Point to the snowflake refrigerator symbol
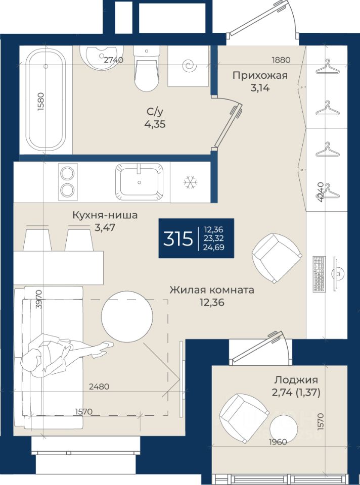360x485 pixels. [191, 182]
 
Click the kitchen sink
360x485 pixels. [139, 182]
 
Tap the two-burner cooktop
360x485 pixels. [68, 182]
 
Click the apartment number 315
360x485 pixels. [178, 238]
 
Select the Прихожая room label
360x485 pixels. [260, 75]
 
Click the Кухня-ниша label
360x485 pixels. [105, 215]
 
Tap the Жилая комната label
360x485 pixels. [212, 290]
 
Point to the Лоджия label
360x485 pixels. [296, 379]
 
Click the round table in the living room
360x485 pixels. [127, 316]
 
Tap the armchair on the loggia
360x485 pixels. [243, 418]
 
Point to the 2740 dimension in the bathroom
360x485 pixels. [114, 60]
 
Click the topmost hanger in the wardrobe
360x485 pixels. [327, 67]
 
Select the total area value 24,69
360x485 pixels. [213, 248]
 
